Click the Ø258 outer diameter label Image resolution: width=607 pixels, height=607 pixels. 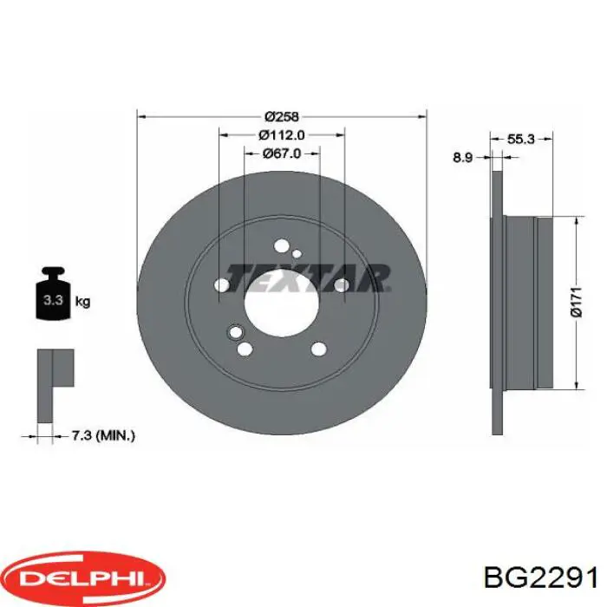pos(282,116)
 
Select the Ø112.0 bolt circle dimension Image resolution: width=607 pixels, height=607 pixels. pos(282,134)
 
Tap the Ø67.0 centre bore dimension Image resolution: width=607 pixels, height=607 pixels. pos(282,153)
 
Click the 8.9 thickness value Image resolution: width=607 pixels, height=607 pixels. pos(462,158)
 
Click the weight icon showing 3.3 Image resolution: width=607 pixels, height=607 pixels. pos(52,300)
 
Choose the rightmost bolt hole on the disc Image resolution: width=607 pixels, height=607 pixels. pos(342,284)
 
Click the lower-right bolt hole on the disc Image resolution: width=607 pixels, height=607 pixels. pos(318,349)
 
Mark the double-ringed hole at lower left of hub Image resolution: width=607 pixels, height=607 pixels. pos(232,332)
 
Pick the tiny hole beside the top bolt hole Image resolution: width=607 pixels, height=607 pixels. pos(297,254)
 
